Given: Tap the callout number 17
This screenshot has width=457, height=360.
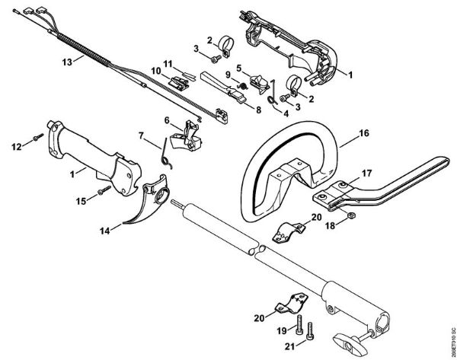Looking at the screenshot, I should click(366, 174).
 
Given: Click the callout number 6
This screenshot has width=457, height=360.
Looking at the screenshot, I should click(167, 119).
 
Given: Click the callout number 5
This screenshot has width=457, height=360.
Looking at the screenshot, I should click(238, 68).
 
